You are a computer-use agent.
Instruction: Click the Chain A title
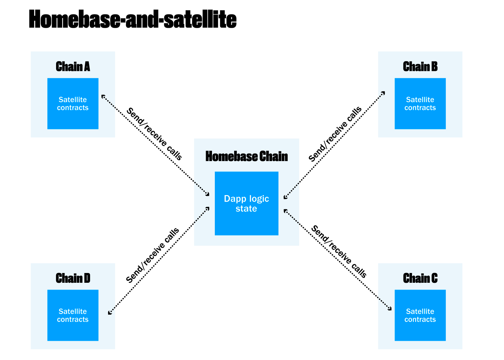pyautogui.click(x=73, y=67)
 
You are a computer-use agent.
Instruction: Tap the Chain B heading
pyautogui.click(x=420, y=67)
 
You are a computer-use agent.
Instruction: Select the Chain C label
pyautogui.click(x=420, y=278)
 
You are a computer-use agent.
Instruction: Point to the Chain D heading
pyautogui.click(x=73, y=278)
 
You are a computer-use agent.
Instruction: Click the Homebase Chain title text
pyautogui.click(x=246, y=156)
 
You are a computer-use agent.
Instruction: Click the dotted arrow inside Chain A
pyautogui.click(x=108, y=101)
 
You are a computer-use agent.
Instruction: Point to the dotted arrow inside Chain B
pyautogui.click(x=381, y=95)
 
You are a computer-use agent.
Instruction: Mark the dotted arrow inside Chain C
pyautogui.click(x=385, y=304)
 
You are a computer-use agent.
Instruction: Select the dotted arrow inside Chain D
pyautogui.click(x=112, y=311)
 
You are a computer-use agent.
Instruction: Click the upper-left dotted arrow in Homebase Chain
pyautogui.click(x=202, y=189)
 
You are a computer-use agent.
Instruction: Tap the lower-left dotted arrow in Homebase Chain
pyautogui.click(x=202, y=215)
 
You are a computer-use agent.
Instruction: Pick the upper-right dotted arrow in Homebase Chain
pyautogui.click(x=291, y=191)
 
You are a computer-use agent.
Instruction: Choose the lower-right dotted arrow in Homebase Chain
pyautogui.click(x=291, y=216)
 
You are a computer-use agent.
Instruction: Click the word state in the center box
pyautogui.click(x=246, y=209)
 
